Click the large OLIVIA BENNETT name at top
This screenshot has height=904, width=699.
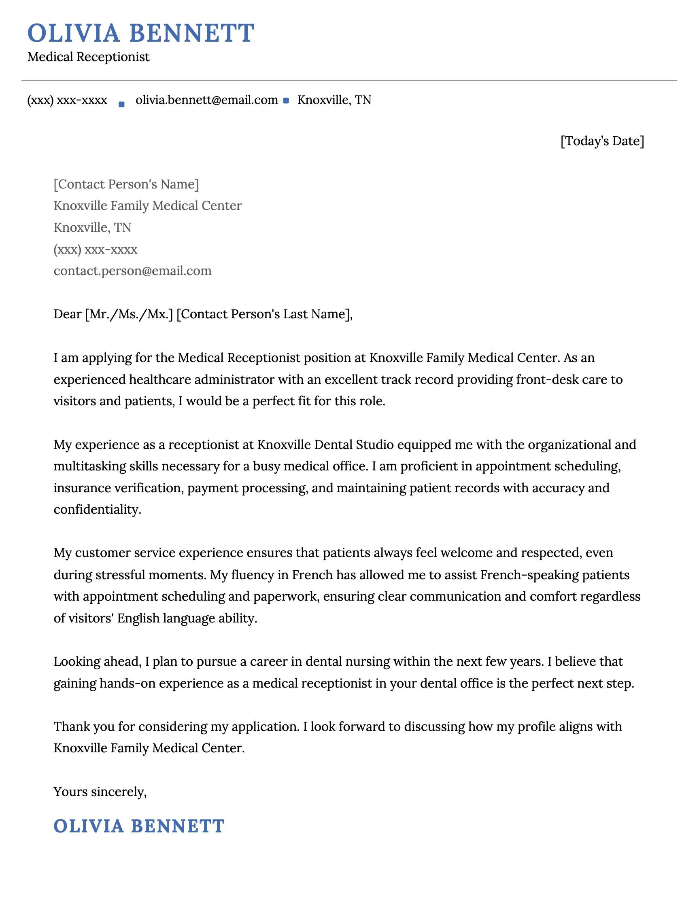[141, 33]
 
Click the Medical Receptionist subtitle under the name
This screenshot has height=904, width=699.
[88, 57]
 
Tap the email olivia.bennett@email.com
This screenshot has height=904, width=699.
[207, 100]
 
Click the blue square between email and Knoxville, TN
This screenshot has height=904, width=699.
[286, 101]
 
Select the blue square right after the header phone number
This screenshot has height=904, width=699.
[121, 104]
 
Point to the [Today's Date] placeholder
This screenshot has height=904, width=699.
[602, 141]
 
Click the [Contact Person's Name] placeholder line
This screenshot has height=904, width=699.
[126, 184]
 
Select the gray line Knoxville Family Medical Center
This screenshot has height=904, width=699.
[147, 206]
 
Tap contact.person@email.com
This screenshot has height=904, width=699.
[132, 271]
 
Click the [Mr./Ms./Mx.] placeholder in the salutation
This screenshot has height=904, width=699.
[129, 314]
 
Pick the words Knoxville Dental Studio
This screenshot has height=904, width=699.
[325, 445]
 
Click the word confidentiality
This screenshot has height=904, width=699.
[97, 510]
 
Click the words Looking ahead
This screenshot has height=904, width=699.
[97, 661]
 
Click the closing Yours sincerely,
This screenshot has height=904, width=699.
[100, 792]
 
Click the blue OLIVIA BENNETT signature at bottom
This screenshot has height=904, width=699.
[139, 826]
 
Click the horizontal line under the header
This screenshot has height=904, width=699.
[349, 80]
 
